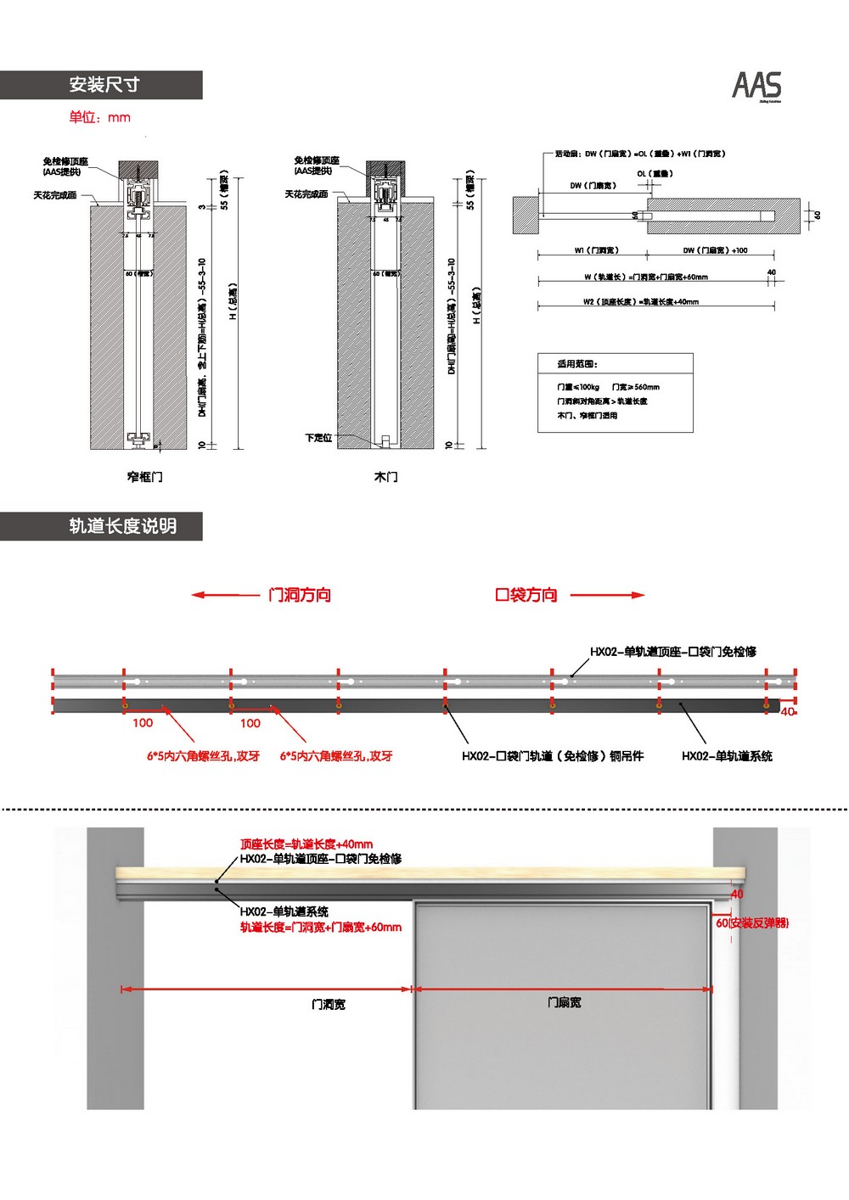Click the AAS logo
click(x=756, y=86)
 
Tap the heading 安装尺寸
click(x=104, y=85)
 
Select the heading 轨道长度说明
click(x=122, y=526)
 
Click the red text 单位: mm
click(x=100, y=117)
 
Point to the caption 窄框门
click(x=144, y=477)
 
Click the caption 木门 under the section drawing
click(x=385, y=477)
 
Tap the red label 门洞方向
click(x=300, y=595)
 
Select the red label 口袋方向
click(x=526, y=595)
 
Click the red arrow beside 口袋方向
click(x=607, y=595)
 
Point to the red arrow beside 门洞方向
click(x=225, y=595)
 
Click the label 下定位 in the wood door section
click(x=318, y=438)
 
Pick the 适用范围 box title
click(x=577, y=364)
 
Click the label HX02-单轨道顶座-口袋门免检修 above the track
click(x=673, y=652)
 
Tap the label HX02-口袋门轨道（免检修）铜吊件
click(x=553, y=756)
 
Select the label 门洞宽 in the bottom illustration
click(x=328, y=1004)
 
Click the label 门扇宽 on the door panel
click(x=564, y=1002)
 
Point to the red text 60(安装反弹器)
click(x=752, y=922)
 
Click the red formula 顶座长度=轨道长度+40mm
click(x=306, y=844)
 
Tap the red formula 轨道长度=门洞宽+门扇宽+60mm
click(x=321, y=928)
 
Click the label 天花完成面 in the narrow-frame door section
click(x=55, y=195)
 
